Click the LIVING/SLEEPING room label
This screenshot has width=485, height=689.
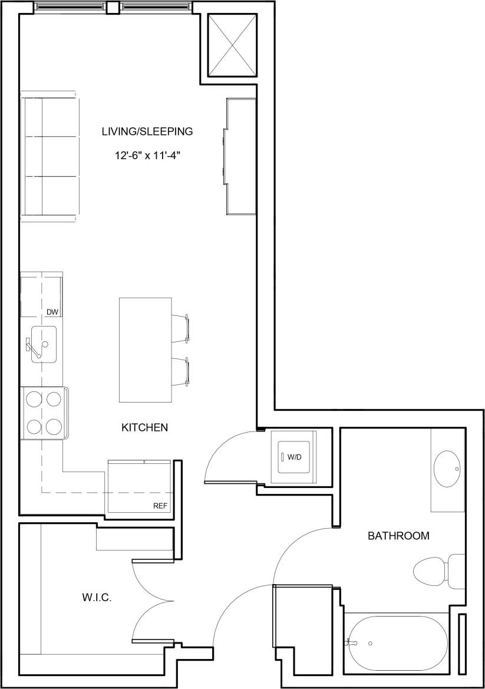[x=147, y=131]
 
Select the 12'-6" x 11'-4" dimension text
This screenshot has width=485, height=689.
[x=147, y=156]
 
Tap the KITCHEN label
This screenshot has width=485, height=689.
[x=145, y=427]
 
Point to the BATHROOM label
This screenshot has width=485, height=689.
[x=398, y=536]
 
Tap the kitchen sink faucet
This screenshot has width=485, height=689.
[x=35, y=348]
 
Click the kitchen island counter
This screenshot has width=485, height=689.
[x=146, y=350]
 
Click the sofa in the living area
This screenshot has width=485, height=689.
[x=50, y=157]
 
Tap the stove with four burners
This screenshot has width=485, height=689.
[x=45, y=412]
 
